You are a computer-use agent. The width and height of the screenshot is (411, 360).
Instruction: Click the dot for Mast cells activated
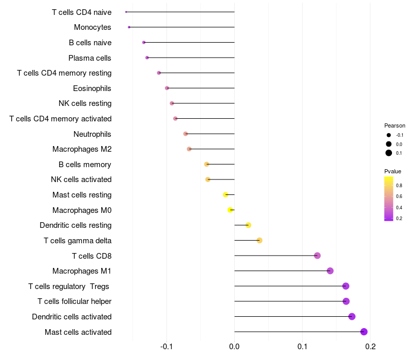[x=364, y=332]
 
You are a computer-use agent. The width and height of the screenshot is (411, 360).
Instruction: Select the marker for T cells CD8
[x=317, y=256]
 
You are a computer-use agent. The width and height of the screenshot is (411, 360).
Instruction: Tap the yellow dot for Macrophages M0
[x=231, y=210]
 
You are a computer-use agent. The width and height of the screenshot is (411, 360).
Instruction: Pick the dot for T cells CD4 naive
[x=126, y=12]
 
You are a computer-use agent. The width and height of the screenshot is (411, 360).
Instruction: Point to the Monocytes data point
[x=129, y=27]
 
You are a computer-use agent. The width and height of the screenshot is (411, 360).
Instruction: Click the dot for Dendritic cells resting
[x=248, y=225]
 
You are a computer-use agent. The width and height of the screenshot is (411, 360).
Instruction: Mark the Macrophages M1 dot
[x=330, y=271]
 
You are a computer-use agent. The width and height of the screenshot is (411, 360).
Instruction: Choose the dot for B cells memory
[x=207, y=164]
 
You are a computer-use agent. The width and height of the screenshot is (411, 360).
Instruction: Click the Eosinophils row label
[x=92, y=88]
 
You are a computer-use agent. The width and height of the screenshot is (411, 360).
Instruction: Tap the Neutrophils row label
[x=92, y=134]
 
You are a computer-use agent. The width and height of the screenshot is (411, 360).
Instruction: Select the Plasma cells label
[x=90, y=58]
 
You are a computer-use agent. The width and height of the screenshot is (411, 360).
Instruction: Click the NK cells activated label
[x=81, y=179]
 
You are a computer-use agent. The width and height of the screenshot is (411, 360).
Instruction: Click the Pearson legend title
[x=395, y=125]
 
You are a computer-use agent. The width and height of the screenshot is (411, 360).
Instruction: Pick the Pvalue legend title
[x=393, y=171]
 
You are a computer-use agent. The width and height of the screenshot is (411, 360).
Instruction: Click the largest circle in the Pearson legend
[x=389, y=153]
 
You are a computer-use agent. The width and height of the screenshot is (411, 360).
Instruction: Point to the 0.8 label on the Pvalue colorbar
[x=399, y=185]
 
